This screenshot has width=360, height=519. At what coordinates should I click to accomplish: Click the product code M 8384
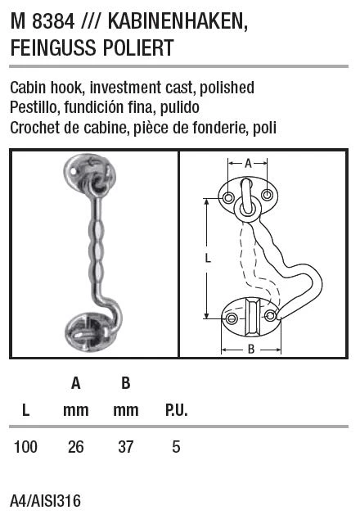pyautogui.click(x=43, y=22)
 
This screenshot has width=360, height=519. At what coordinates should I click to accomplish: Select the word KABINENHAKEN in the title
pyautogui.click(x=178, y=22)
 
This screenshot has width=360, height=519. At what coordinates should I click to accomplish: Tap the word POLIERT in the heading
pyautogui.click(x=138, y=47)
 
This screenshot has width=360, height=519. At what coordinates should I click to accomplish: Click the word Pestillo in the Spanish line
pyautogui.click(x=34, y=107)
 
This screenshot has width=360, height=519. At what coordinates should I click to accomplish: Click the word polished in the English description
pyautogui.click(x=227, y=88)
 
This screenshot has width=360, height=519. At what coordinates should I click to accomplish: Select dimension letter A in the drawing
pyautogui.click(x=248, y=163)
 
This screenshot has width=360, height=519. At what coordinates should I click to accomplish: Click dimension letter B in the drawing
pyautogui.click(x=251, y=350)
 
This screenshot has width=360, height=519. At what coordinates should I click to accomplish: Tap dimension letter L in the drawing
pyautogui.click(x=208, y=258)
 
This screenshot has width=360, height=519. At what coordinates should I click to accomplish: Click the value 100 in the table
pyautogui.click(x=26, y=447)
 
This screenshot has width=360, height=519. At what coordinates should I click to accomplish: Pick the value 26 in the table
pyautogui.click(x=76, y=447)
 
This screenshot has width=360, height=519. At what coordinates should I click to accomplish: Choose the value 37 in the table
pyautogui.click(x=126, y=447)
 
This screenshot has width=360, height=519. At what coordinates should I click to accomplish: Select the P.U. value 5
pyautogui.click(x=176, y=447)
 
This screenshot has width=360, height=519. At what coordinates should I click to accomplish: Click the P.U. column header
pyautogui.click(x=177, y=410)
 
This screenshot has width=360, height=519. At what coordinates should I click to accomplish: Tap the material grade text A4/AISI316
pyautogui.click(x=45, y=501)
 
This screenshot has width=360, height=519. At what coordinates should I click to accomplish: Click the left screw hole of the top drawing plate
pyautogui.click(x=228, y=197)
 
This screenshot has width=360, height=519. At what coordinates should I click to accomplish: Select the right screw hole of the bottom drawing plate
pyautogui.click(x=270, y=315)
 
